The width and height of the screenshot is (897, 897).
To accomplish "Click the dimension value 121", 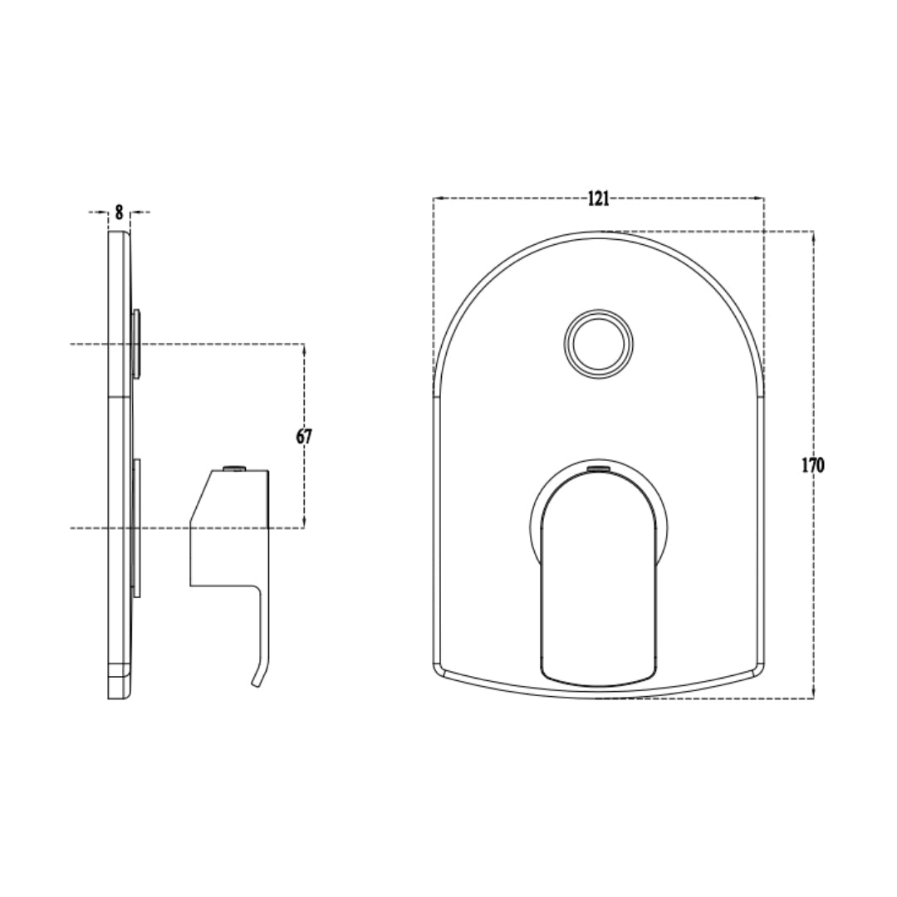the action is [x=598, y=199].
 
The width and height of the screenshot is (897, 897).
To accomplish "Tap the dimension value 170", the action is [x=812, y=466].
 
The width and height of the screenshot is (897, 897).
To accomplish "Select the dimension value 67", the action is [x=304, y=437].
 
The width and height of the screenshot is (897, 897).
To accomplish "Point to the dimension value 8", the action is [x=119, y=213].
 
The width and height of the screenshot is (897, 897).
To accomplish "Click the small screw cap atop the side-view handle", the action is [x=234, y=468].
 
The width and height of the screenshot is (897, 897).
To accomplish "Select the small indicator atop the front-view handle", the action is [x=599, y=469].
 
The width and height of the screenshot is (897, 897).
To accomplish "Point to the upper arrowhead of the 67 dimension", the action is [x=304, y=349].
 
